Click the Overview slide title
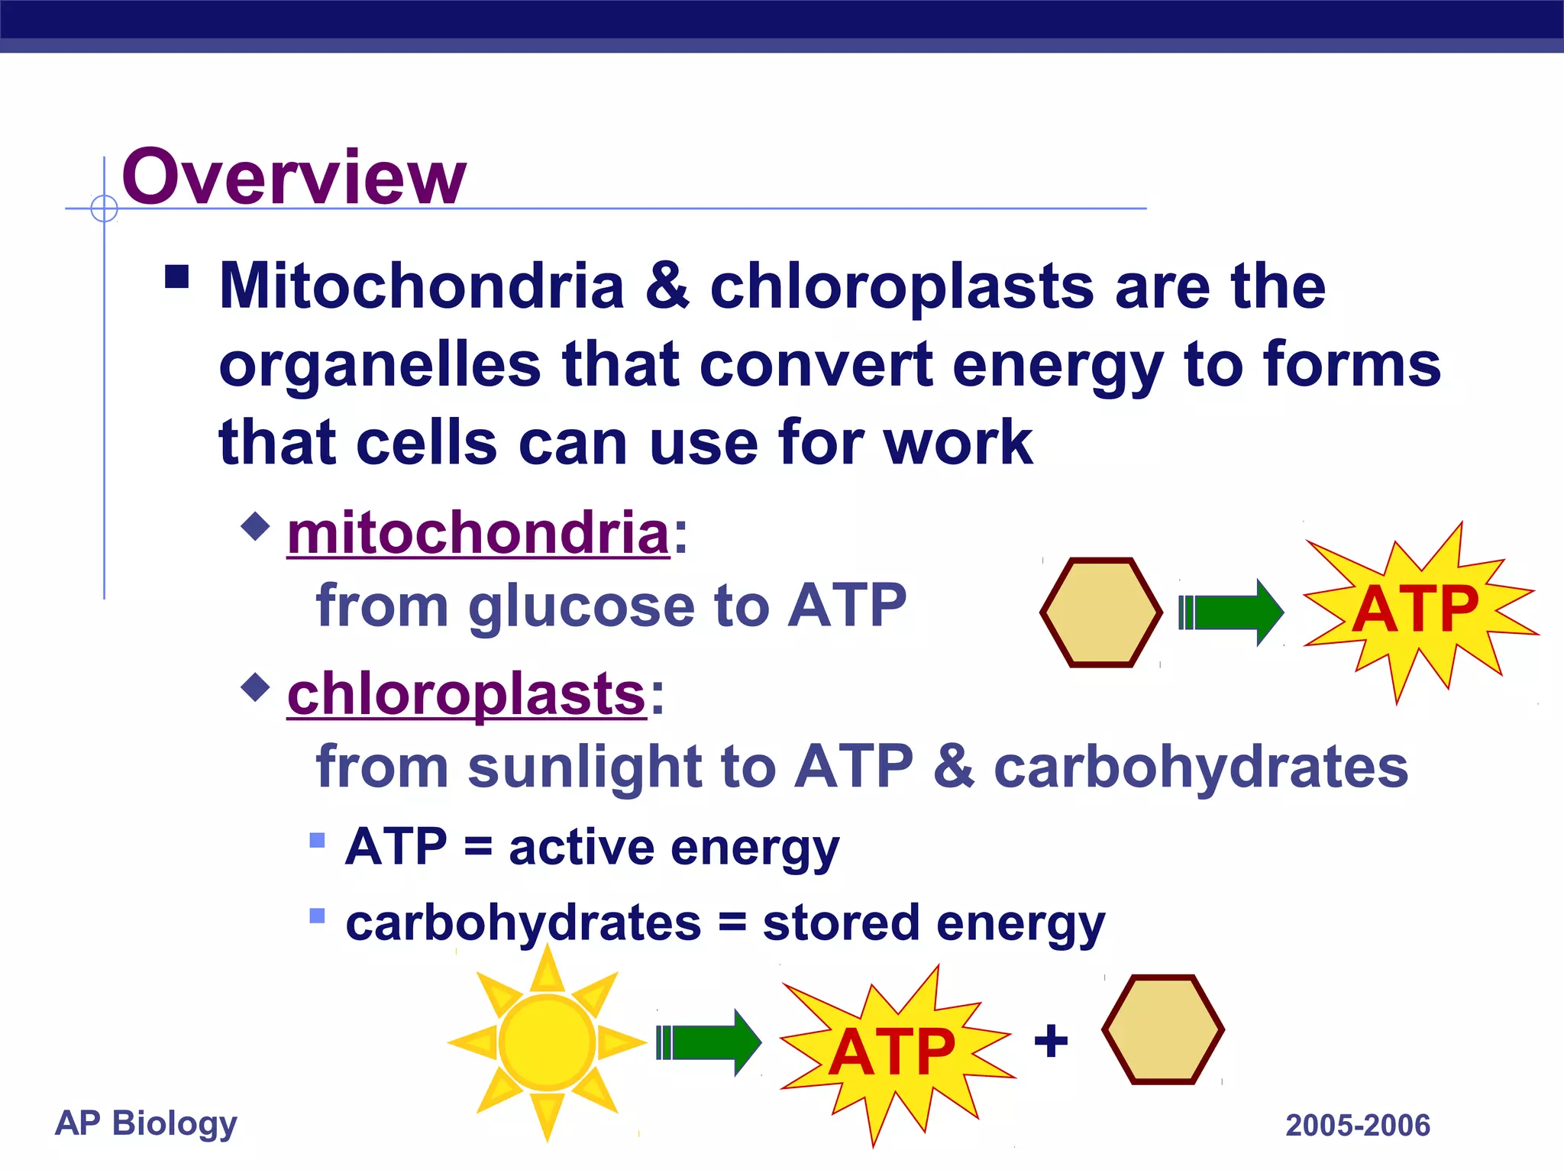coord(293,177)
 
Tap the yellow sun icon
coord(547,1042)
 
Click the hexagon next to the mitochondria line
coord(1100,612)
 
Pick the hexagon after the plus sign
coord(1162,1029)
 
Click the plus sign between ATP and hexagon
coord(1051,1040)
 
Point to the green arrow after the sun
coord(709,1042)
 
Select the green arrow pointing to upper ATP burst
coord(1231,612)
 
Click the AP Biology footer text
coord(146,1123)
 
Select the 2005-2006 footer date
coord(1357,1126)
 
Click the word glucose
coord(581,606)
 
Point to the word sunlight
coord(584,767)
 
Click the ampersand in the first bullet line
coord(667,286)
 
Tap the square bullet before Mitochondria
coord(177,276)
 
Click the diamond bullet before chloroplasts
coord(255,687)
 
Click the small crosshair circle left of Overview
coord(104,208)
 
